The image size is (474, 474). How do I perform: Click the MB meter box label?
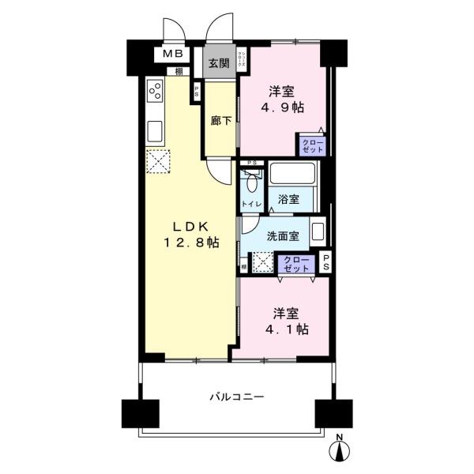[x=172, y=55]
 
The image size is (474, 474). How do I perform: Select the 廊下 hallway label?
[x=221, y=121]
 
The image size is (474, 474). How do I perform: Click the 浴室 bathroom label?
[x=288, y=199]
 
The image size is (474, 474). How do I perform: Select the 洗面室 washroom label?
[x=282, y=235]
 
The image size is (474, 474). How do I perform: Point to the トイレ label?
[x=251, y=205]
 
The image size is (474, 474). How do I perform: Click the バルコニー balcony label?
[x=236, y=397]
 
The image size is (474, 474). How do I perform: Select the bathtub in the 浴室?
[x=293, y=175]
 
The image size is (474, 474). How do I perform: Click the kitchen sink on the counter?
[x=155, y=130]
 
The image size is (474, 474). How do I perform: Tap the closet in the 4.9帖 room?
[x=310, y=145]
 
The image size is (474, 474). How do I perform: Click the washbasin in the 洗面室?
[x=318, y=233]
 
